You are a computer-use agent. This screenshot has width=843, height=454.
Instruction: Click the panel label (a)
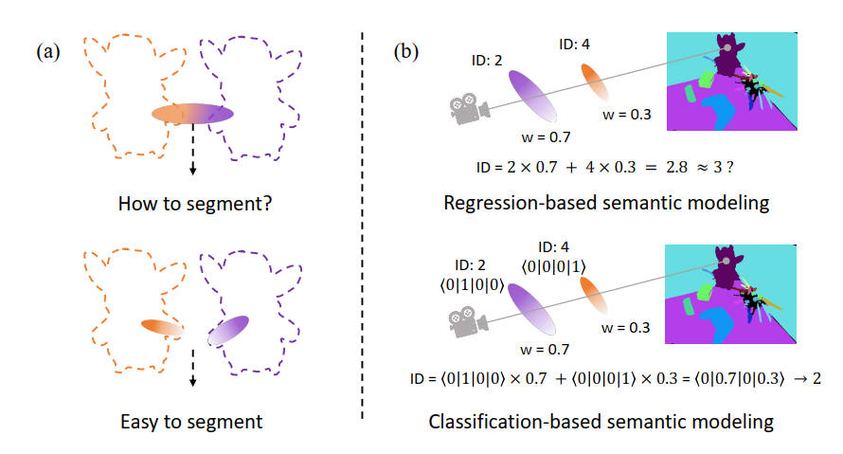click(48, 51)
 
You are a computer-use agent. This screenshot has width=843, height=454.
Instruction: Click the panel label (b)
click(406, 51)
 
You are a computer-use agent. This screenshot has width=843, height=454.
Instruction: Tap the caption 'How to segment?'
click(195, 204)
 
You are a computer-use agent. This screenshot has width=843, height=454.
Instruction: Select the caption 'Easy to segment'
click(191, 422)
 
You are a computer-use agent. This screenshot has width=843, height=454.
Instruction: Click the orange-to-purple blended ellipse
click(192, 114)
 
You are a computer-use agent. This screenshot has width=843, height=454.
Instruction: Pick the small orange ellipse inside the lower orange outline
click(162, 327)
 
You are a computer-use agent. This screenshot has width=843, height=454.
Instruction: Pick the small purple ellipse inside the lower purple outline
click(228, 330)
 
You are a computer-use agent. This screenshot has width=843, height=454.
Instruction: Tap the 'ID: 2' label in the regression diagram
click(487, 61)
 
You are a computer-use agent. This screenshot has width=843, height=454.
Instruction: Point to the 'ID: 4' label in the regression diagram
click(574, 45)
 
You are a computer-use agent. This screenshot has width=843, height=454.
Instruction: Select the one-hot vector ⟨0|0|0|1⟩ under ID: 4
click(553, 266)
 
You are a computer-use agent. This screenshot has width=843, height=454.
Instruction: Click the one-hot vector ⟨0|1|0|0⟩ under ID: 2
click(472, 285)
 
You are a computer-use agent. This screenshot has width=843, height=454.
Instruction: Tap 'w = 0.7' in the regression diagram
click(546, 137)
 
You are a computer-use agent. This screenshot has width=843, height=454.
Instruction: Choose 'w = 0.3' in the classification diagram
click(625, 328)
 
